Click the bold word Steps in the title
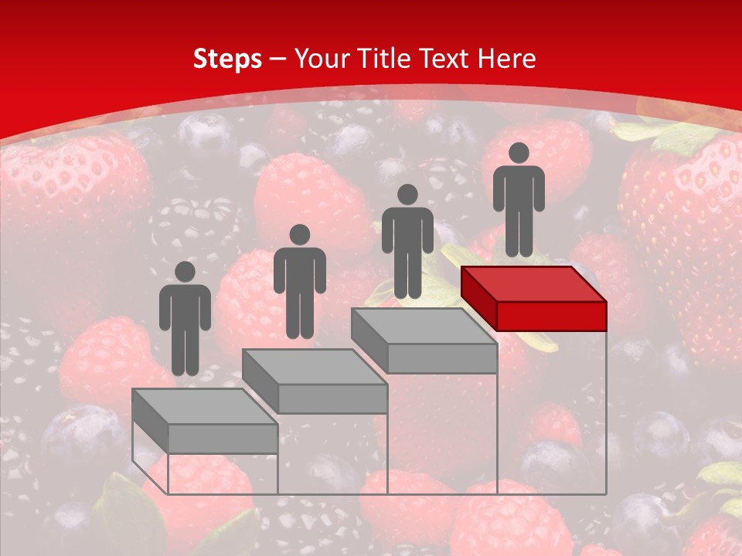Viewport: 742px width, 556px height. pyautogui.click(x=227, y=59)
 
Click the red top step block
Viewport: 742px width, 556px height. pyautogui.click(x=533, y=297)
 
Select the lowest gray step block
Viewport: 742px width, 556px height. pyautogui.click(x=205, y=420)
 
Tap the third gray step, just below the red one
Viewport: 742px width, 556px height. pyautogui.click(x=424, y=340)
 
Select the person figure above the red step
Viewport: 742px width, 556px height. pyautogui.click(x=519, y=199)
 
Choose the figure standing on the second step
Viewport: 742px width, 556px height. pyautogui.click(x=299, y=281)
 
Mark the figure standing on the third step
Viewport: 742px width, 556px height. pyautogui.click(x=407, y=241)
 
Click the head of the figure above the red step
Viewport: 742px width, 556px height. pyautogui.click(x=519, y=153)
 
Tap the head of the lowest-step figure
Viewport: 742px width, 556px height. pyautogui.click(x=185, y=272)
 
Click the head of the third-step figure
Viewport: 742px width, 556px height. pyautogui.click(x=407, y=195)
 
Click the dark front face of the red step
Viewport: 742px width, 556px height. pyautogui.click(x=551, y=315)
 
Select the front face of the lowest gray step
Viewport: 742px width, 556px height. pyautogui.click(x=223, y=438)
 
